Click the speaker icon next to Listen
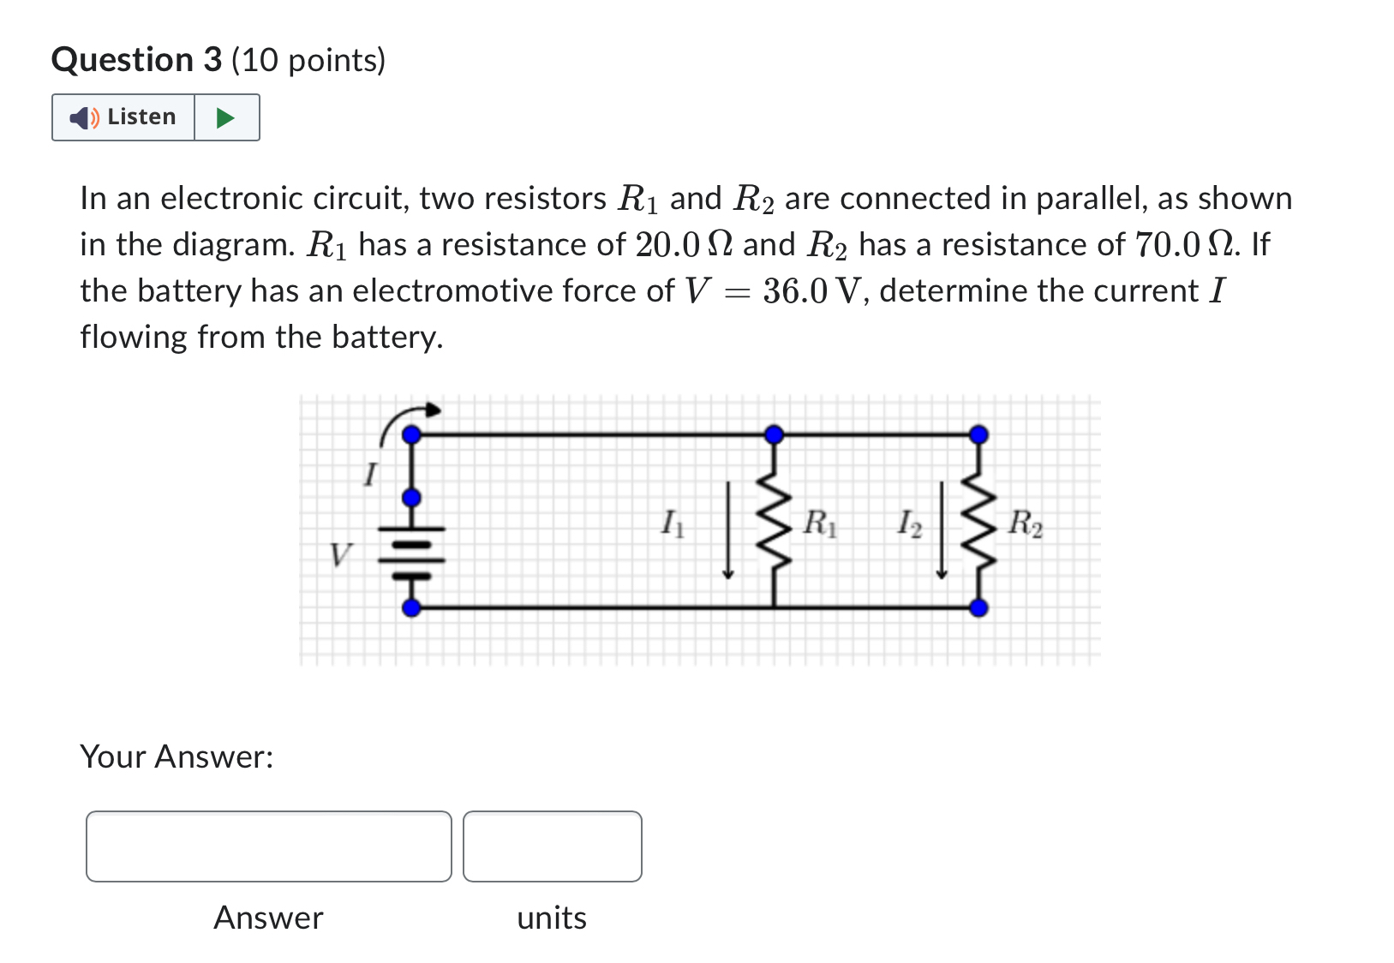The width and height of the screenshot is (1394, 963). [83, 117]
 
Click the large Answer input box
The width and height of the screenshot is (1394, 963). [268, 846]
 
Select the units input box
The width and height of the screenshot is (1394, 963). [552, 846]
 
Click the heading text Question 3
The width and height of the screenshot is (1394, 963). [136, 60]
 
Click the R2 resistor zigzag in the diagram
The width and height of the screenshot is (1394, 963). [978, 523]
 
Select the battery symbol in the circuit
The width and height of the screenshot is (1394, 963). [412, 552]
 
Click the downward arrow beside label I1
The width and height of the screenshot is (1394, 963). [727, 529]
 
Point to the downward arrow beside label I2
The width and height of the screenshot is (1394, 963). [941, 529]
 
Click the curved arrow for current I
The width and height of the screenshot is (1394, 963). [406, 419]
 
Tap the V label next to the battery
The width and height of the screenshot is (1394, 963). [340, 555]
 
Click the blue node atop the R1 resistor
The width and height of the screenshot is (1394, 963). [774, 434]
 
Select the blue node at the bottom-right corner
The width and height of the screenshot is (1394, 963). [978, 608]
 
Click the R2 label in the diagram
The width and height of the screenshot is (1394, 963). [1025, 522]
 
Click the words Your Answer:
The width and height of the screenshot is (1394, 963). [176, 757]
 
